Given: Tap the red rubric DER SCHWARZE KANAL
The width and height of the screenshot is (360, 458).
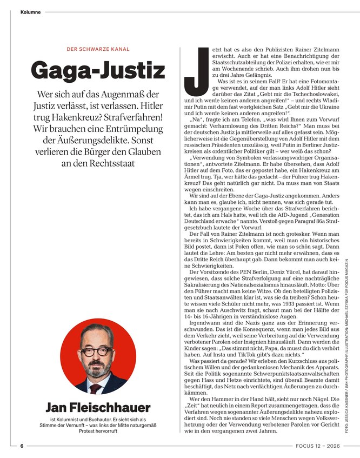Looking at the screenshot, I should pyautogui.click(x=98, y=49).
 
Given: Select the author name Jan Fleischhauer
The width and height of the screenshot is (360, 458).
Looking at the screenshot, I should pyautogui.click(x=98, y=407).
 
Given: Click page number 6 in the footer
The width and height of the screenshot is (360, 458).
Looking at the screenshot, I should pyautogui.click(x=22, y=446).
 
